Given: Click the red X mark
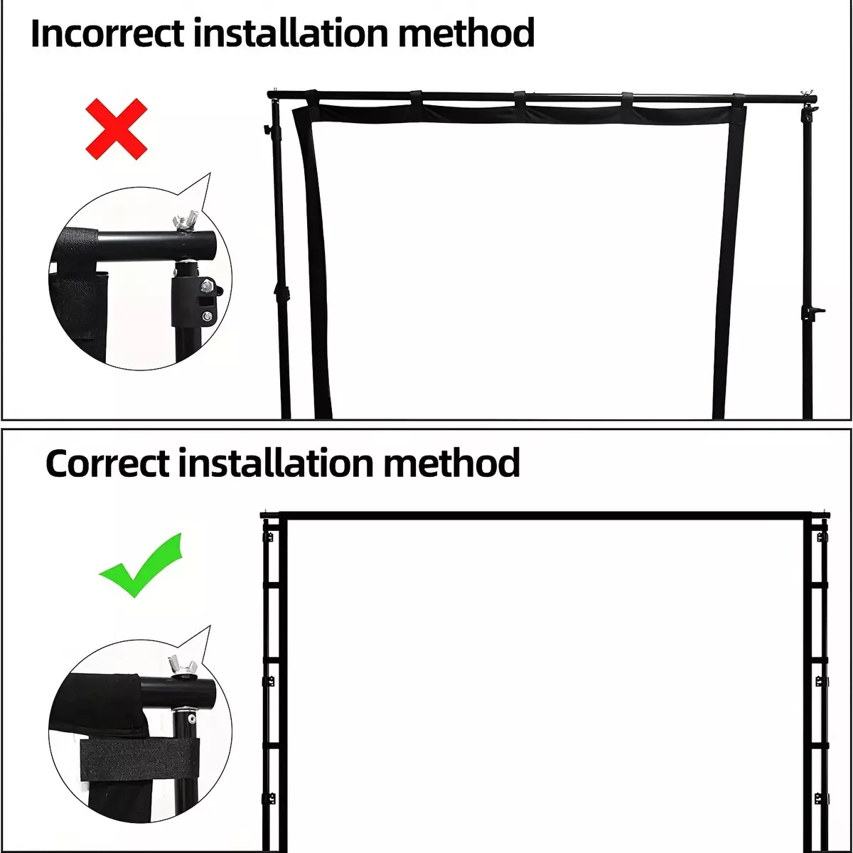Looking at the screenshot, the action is click(x=116, y=129).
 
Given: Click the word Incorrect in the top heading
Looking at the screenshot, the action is click(x=107, y=33).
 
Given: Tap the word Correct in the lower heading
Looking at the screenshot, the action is click(x=107, y=463).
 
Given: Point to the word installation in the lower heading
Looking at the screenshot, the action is click(x=276, y=463).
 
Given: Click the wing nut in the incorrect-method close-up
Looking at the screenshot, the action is click(x=186, y=220).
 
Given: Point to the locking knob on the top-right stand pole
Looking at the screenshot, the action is click(x=814, y=311).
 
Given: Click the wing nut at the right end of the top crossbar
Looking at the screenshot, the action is click(x=805, y=94).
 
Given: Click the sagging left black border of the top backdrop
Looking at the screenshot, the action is click(x=312, y=261).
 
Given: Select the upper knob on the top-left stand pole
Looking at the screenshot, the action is click(x=267, y=129).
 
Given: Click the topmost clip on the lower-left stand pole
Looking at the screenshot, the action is click(x=269, y=537).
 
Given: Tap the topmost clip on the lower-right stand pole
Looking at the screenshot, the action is click(x=822, y=537).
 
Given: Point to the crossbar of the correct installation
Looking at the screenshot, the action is click(x=544, y=515).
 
